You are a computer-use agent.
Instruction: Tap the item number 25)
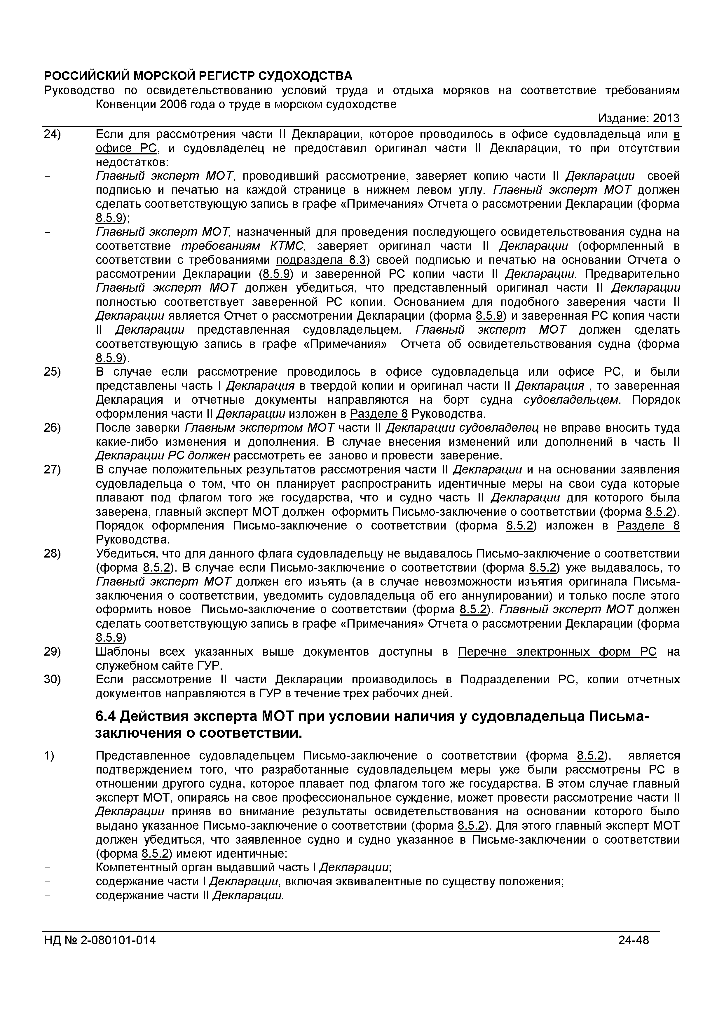pos(52,372)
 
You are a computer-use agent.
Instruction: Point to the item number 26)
pos(52,428)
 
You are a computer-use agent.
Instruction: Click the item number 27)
pos(52,470)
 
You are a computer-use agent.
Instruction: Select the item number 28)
pos(52,553)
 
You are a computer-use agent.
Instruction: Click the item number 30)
pos(52,679)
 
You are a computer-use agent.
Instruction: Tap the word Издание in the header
pos(622,118)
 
